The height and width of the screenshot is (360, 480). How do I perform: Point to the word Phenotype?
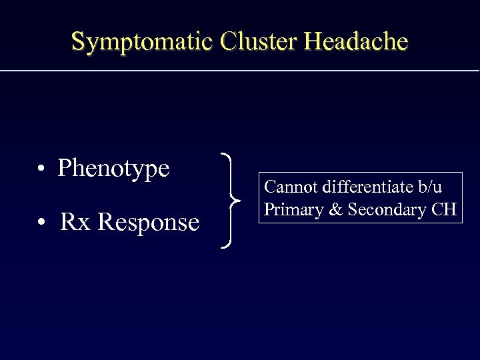[113, 168]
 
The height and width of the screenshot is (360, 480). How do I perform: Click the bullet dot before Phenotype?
[41, 169]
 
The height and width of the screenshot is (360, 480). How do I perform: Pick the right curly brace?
[231, 201]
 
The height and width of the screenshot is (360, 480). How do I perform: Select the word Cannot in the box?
[287, 187]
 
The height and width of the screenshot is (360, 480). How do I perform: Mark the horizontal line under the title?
[240, 70]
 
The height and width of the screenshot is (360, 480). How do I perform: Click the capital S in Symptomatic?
[78, 41]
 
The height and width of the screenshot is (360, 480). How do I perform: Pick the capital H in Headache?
[312, 41]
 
